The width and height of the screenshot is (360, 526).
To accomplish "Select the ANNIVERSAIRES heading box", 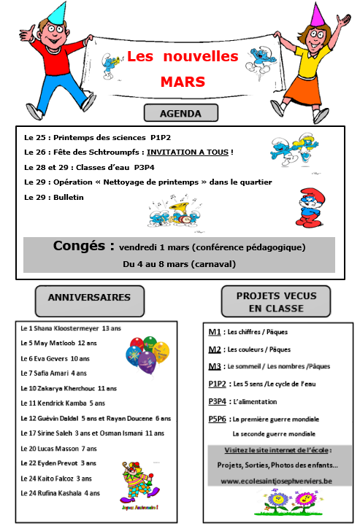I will click(x=89, y=297).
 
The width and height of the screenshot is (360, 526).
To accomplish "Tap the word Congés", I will click(x=83, y=246).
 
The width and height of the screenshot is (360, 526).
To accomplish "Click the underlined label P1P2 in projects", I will click(x=217, y=383).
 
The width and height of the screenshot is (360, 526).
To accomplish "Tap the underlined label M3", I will click(x=215, y=366).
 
